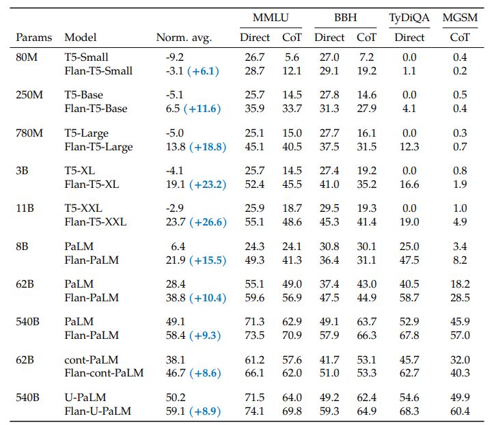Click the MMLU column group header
(x=271, y=18)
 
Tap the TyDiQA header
(x=410, y=18)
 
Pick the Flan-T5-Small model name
(x=98, y=71)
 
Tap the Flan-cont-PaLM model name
(x=104, y=373)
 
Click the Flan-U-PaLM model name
(x=98, y=411)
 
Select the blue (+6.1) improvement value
(x=206, y=71)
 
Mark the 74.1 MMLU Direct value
(x=254, y=411)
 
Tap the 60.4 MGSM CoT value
(x=461, y=411)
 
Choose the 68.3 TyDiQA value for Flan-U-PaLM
(x=411, y=411)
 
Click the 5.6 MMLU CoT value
(x=292, y=57)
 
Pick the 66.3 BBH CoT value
(x=366, y=335)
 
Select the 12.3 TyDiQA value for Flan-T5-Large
(x=411, y=147)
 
